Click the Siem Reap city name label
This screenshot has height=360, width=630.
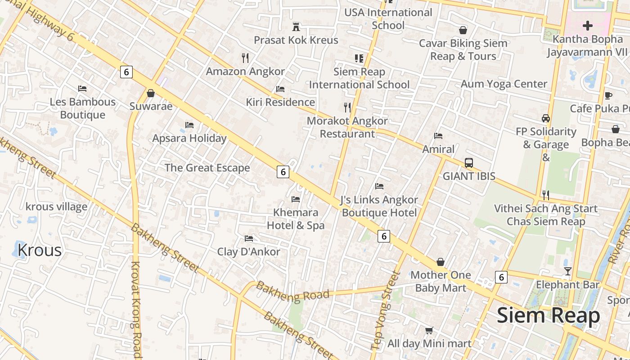548,315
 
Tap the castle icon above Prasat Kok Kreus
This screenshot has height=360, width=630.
296,27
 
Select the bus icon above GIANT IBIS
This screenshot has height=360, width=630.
469,162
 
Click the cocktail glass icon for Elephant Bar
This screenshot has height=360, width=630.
568,271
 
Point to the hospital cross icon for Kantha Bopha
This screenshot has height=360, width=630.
587,26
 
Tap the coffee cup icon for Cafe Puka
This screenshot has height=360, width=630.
608,95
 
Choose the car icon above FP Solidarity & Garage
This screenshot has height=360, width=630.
546,118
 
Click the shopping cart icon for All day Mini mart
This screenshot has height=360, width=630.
429,330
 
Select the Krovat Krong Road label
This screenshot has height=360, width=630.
136,310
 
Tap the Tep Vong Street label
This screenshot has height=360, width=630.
384,310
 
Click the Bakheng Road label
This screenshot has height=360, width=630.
292,291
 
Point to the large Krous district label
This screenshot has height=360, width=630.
40,250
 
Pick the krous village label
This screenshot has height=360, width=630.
56,207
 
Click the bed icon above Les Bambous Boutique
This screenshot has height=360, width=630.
82,89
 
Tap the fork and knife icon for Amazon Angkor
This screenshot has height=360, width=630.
245,58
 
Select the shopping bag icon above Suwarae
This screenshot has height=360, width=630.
151,93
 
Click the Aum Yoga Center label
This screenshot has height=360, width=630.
504,84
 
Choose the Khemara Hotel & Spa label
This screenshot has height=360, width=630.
296,219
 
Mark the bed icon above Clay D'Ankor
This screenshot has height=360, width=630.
248,238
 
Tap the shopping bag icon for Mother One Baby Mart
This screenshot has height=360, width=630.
441,262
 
